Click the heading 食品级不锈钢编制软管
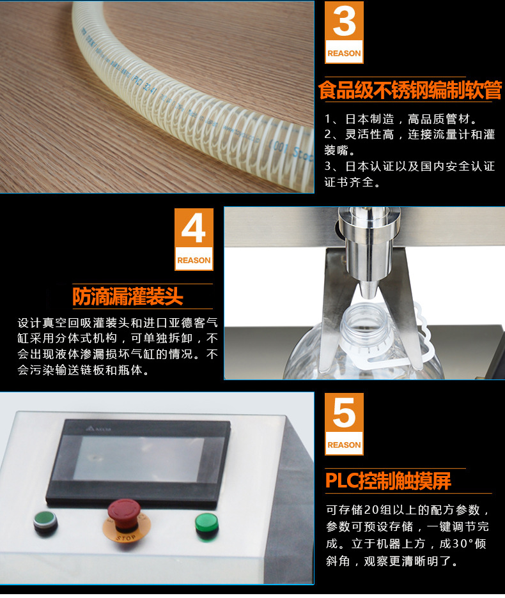(x=410, y=90)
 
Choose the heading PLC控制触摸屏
(x=387, y=480)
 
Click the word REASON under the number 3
(x=344, y=54)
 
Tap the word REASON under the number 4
(x=193, y=261)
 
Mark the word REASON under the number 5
(x=344, y=445)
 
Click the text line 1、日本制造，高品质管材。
(x=401, y=119)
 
